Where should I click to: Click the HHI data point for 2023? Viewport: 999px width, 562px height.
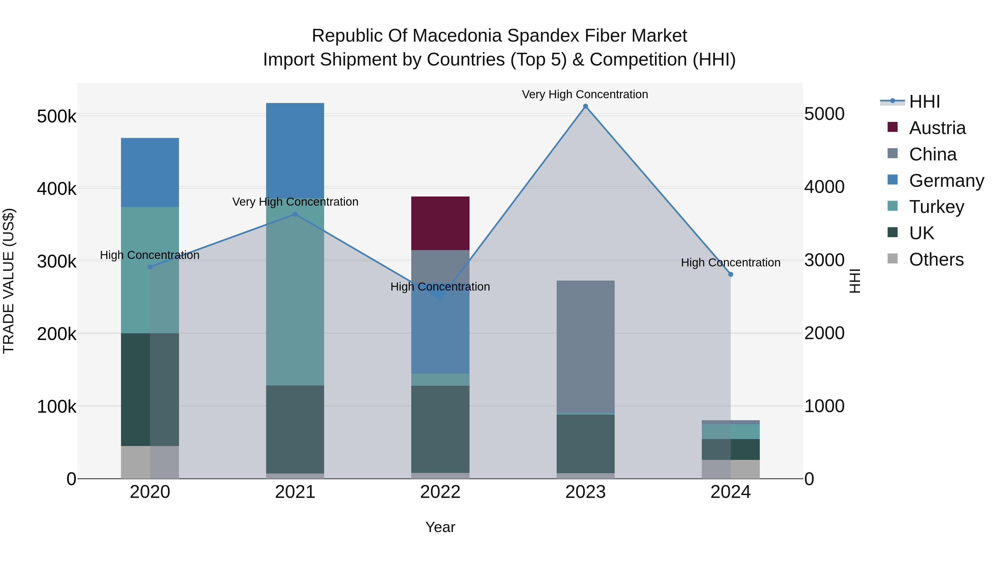[586, 106]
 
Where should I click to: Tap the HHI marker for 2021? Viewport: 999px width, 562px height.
[295, 214]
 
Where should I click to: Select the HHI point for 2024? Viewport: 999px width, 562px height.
[731, 274]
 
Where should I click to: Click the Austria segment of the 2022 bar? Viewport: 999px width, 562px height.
[440, 223]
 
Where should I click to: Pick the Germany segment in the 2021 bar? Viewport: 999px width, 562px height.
[295, 150]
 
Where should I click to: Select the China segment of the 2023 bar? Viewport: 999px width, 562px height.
[586, 345]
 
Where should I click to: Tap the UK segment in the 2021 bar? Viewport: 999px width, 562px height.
[295, 429]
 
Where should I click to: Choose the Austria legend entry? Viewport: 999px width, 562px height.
[937, 128]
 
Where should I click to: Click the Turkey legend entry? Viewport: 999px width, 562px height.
[936, 207]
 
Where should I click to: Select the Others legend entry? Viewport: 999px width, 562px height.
[936, 259]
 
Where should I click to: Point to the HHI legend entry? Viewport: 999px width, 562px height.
[925, 102]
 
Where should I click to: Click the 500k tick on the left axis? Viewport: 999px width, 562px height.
[57, 116]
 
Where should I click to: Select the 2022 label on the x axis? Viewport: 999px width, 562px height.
[440, 492]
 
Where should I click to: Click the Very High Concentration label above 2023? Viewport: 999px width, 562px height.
[585, 94]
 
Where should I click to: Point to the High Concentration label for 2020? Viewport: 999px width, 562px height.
[150, 255]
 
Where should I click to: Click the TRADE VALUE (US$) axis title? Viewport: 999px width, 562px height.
[9, 281]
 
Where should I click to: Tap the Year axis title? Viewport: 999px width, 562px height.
[440, 527]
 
